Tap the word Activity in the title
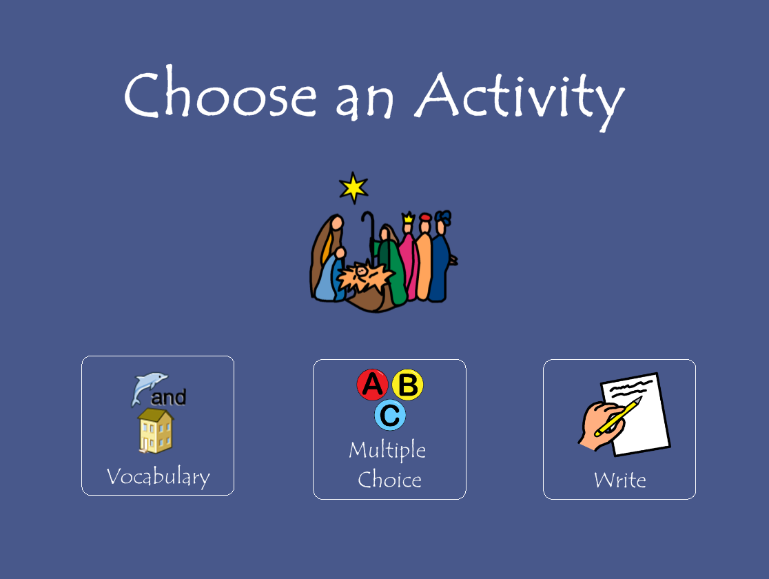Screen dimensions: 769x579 (520, 98)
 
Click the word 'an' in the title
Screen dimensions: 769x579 (365, 100)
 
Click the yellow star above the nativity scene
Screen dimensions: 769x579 (353, 187)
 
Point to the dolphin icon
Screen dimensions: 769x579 (149, 387)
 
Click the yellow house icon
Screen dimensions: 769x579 (156, 431)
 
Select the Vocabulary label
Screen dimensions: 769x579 (158, 476)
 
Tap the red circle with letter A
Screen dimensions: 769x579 (372, 385)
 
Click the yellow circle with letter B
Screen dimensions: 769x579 (407, 385)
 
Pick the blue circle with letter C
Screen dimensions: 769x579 (390, 415)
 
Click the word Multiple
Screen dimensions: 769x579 (387, 450)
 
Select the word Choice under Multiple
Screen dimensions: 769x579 (389, 479)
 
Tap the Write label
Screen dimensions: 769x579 (620, 480)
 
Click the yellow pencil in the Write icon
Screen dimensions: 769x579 (618, 416)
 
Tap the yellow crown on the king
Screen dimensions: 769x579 (408, 217)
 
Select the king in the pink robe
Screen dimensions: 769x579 (408, 260)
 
